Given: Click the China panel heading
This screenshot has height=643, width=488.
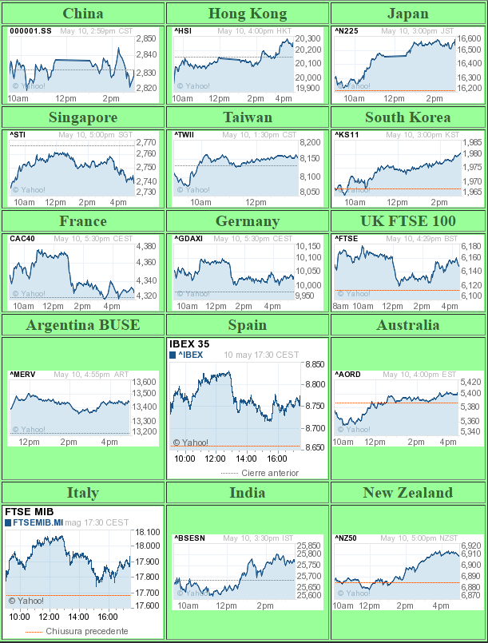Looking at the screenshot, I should (82, 14).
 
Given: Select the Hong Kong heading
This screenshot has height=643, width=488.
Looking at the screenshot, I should (247, 14).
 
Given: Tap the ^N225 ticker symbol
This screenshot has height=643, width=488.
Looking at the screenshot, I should (347, 30).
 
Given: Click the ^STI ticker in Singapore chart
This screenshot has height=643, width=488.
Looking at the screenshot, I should (18, 134).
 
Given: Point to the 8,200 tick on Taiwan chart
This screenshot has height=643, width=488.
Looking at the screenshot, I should (309, 142).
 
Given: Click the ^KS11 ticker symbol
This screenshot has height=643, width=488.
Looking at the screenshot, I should (347, 134).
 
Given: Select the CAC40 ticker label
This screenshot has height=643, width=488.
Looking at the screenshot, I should (22, 238).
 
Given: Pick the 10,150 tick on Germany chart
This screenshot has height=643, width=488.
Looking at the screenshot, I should (307, 246).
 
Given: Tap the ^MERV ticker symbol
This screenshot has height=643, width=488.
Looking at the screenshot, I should (23, 374).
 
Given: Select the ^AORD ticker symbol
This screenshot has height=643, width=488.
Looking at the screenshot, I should (348, 374).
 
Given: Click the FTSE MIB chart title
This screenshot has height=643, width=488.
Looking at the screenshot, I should (29, 511).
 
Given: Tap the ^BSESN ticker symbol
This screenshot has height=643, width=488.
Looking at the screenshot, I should (190, 538).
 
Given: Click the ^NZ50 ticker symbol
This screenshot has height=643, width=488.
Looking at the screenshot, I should (347, 538).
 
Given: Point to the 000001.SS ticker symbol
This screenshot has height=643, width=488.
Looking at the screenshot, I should (31, 30).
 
